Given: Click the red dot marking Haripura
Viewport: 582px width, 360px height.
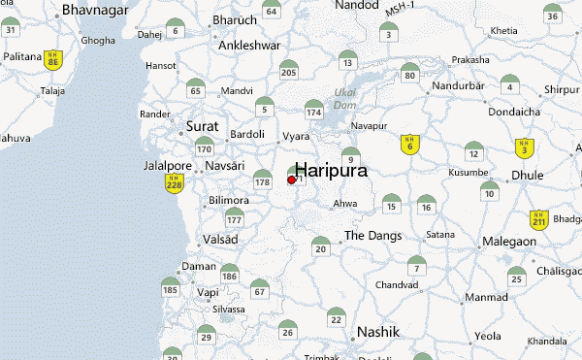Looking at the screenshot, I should pyautogui.click(x=292, y=180).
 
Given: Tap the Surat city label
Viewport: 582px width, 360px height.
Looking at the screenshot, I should pyautogui.click(x=203, y=127).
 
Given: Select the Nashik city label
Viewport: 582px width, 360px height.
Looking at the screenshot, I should pyautogui.click(x=378, y=332).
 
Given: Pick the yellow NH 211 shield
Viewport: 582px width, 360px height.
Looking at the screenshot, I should pyautogui.click(x=539, y=220).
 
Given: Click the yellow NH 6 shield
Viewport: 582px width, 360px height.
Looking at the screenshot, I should pyautogui.click(x=409, y=144).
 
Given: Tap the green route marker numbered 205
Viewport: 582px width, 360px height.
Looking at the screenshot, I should pyautogui.click(x=288, y=70).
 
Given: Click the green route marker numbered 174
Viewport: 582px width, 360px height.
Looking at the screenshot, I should pyautogui.click(x=312, y=112).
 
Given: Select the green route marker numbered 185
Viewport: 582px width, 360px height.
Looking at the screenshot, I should pyautogui.click(x=171, y=287).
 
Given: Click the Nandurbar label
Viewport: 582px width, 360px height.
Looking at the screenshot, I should pyautogui.click(x=458, y=84).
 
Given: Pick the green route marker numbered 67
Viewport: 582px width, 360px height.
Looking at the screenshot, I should pyautogui.click(x=259, y=290).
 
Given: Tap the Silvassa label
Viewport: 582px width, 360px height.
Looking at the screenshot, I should pyautogui.click(x=230, y=309).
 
